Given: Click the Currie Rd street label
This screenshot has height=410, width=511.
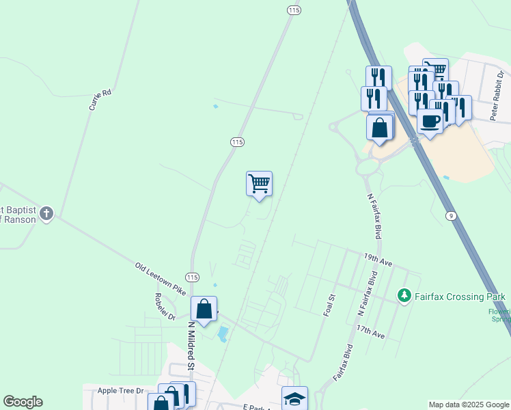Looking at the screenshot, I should click(x=100, y=100).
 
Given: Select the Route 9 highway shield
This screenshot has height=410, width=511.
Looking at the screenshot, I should click(x=450, y=216).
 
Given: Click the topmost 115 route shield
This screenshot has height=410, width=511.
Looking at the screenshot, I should click(x=294, y=10).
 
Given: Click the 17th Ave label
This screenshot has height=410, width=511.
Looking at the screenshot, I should click(x=370, y=331).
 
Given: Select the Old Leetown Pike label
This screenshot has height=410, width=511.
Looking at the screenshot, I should click(x=160, y=279).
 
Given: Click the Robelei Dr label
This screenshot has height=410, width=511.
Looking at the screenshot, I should click(x=165, y=307).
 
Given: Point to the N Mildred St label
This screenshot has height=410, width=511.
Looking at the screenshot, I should click(x=191, y=345).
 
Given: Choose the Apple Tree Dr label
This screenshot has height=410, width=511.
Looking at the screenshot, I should click(x=120, y=391).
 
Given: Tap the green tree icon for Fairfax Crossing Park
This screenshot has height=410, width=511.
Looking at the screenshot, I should click(x=404, y=296).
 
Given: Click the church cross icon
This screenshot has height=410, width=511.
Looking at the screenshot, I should click(x=46, y=214).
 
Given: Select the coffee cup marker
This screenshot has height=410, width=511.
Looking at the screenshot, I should click(x=430, y=122).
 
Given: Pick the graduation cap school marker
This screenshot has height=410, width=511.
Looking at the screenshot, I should click(x=294, y=398).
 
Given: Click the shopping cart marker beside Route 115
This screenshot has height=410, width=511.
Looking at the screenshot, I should click(x=259, y=183).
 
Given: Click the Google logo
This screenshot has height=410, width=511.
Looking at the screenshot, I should click(x=23, y=402).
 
